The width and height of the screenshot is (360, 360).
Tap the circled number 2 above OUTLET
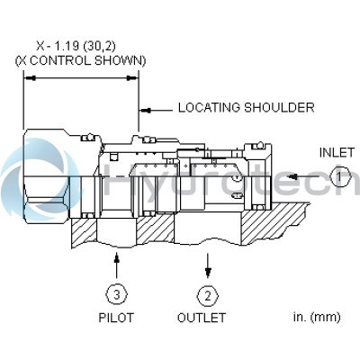tap(208, 293)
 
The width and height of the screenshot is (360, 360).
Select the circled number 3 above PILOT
tap(116, 293)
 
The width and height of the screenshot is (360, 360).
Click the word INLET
tap(337, 153)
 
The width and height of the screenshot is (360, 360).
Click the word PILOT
tap(115, 318)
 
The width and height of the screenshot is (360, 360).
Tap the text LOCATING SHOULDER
tap(246, 108)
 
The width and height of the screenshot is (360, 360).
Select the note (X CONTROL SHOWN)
tap(81, 59)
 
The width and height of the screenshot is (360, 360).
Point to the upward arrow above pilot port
tap(116, 265)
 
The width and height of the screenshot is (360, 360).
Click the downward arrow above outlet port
tap(208, 264)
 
